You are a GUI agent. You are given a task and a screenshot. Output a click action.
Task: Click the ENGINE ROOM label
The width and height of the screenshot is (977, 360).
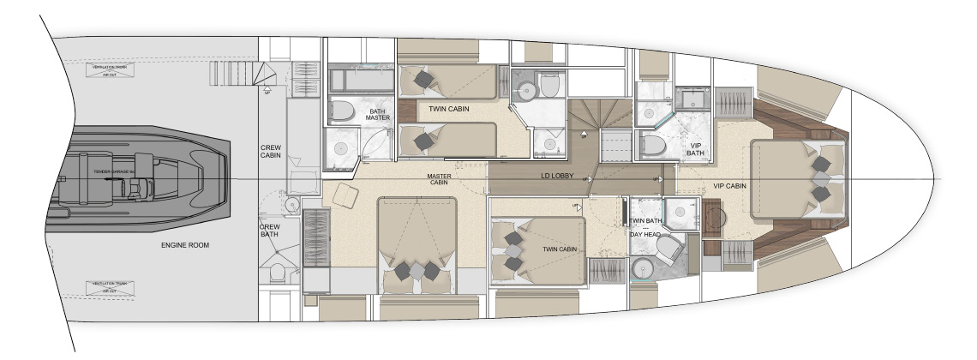coord(184,245)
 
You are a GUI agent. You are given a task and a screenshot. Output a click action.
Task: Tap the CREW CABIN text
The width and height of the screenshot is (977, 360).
coord(271,153)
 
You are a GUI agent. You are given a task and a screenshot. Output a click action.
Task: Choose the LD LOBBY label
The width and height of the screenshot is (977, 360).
coord(557,177)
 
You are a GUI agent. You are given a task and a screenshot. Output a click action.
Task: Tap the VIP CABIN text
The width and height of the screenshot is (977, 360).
coord(729,185)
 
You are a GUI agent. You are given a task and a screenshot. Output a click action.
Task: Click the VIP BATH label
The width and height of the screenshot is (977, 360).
coord(697,151)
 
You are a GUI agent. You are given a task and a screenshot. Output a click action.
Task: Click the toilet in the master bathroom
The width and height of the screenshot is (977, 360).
coord(344,112)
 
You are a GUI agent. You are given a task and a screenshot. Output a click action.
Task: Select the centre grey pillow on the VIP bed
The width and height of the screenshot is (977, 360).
coord(821,178)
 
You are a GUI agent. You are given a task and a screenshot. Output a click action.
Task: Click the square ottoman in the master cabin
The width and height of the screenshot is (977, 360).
coord(346,196)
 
